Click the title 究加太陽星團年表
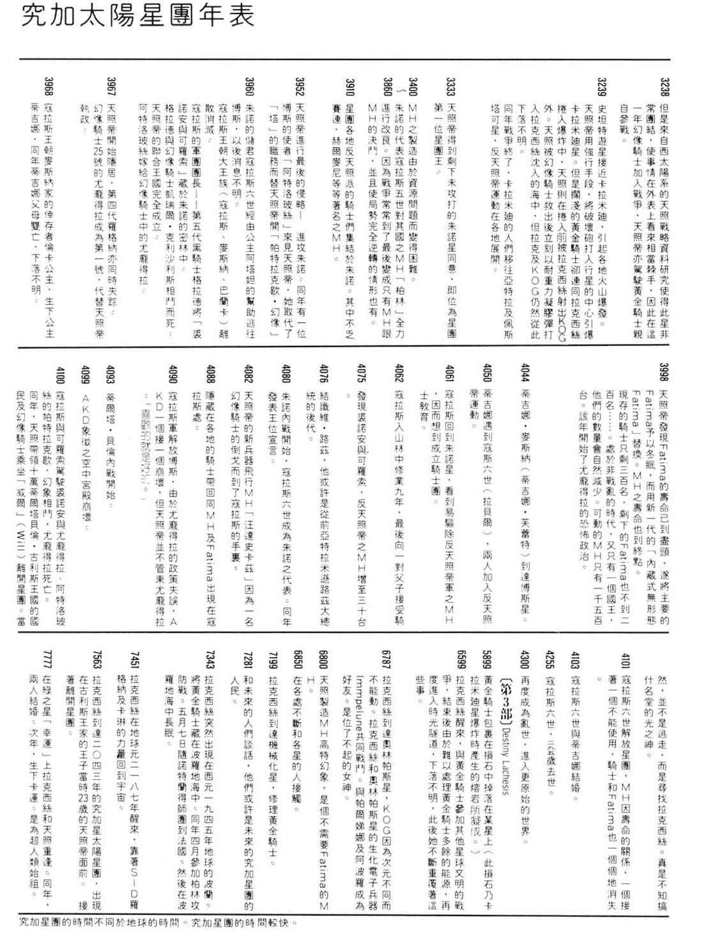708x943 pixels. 137,16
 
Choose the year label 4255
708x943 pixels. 550,659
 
